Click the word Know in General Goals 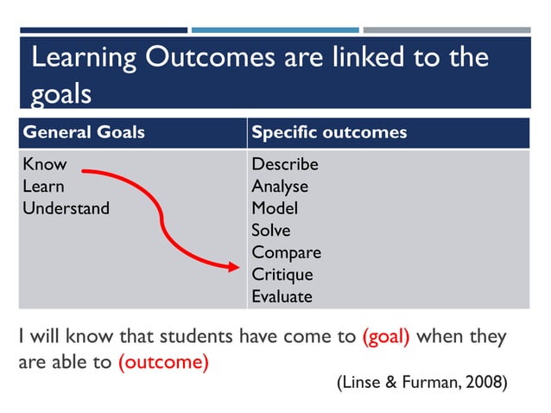coord(44,164)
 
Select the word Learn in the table coord(43,186)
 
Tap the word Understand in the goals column coord(66,208)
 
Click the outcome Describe coord(285,164)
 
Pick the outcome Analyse coord(280,187)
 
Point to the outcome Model coord(275,208)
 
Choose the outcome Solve coord(271,231)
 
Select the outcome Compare coord(286,253)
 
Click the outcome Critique coord(282,275)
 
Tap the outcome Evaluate coord(282,297)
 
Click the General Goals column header coord(84,133)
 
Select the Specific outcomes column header coord(329,133)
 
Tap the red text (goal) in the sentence coord(386,337)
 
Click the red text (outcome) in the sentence coord(163,362)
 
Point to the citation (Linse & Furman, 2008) coord(421,383)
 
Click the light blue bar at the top coord(274,29)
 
